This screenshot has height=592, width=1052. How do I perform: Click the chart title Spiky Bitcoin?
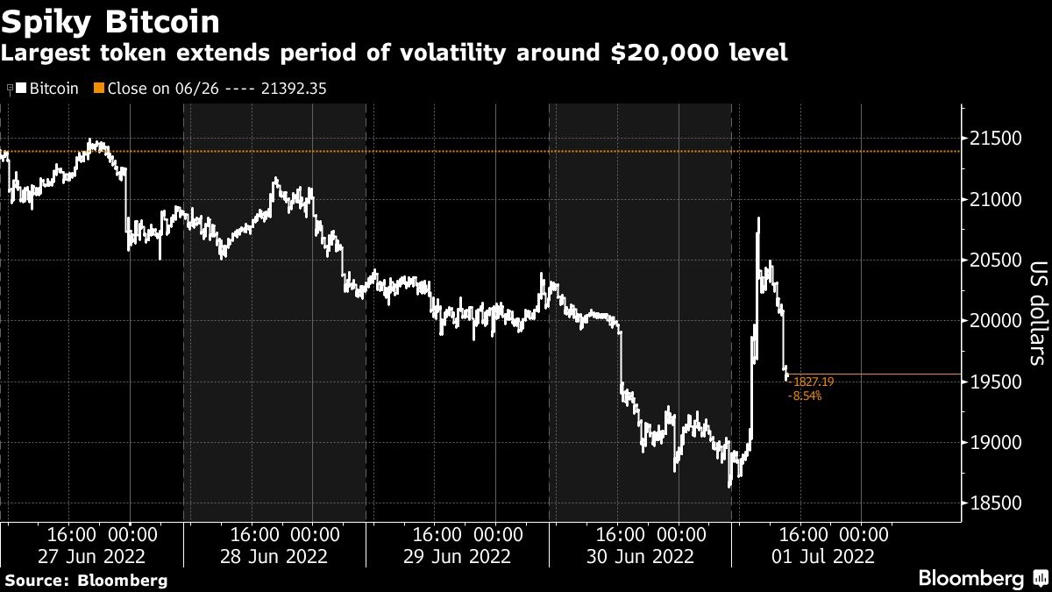tap(110, 19)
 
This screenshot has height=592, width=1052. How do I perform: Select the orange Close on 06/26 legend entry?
tap(210, 89)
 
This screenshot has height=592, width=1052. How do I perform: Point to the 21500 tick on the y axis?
tap(995, 139)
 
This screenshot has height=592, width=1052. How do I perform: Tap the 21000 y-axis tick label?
tap(995, 200)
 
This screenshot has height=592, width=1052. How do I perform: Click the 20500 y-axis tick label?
tap(995, 260)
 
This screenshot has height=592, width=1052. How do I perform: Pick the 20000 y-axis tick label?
tap(995, 321)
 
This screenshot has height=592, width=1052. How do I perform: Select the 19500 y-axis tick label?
tap(995, 382)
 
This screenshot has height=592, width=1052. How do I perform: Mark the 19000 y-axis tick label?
tap(995, 442)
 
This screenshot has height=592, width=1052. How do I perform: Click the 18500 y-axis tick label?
tap(995, 503)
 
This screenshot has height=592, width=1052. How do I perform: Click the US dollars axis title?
tap(1036, 313)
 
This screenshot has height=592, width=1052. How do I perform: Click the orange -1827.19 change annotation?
tap(812, 382)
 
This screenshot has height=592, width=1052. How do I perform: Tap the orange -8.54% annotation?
tap(806, 396)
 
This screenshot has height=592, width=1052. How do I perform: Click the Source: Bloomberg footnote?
tap(85, 581)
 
